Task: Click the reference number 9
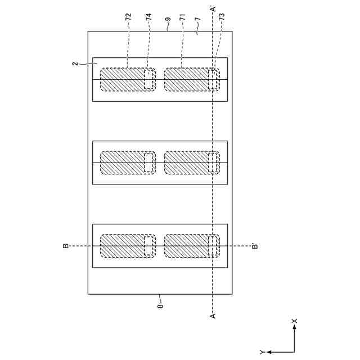[x=168, y=20]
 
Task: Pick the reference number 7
[x=196, y=20]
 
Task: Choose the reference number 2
[x=74, y=64]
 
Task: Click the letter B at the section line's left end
[x=66, y=246]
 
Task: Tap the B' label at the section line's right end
[x=255, y=245]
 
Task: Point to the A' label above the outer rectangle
[x=213, y=9]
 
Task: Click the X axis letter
[x=295, y=321]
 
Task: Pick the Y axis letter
[x=262, y=352]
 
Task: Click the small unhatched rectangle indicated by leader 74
[x=149, y=79]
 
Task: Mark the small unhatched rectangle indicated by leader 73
[x=213, y=79]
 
